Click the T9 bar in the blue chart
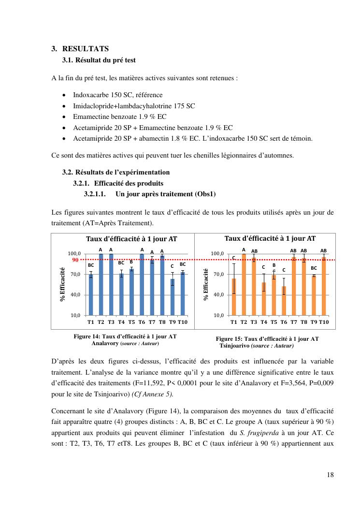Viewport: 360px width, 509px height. pyautogui.click(x=173, y=297)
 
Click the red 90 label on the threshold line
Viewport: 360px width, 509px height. pyautogui.click(x=75, y=260)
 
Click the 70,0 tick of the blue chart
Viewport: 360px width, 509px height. pyautogui.click(x=74, y=274)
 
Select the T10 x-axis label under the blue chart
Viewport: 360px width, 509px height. pyautogui.click(x=182, y=322)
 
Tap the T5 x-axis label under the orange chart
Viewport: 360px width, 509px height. pyautogui.click(x=274, y=322)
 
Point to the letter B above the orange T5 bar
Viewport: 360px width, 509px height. pyautogui.click(x=274, y=265)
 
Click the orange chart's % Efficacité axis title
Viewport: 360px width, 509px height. pyautogui.click(x=206, y=284)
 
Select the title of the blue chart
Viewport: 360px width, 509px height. pyautogui.click(x=131, y=239)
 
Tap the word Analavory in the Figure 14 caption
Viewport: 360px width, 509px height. pyautogui.click(x=105, y=343)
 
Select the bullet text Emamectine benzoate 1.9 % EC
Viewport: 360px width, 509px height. pyautogui.click(x=121, y=117)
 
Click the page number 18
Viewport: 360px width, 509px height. pyautogui.click(x=330, y=475)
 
